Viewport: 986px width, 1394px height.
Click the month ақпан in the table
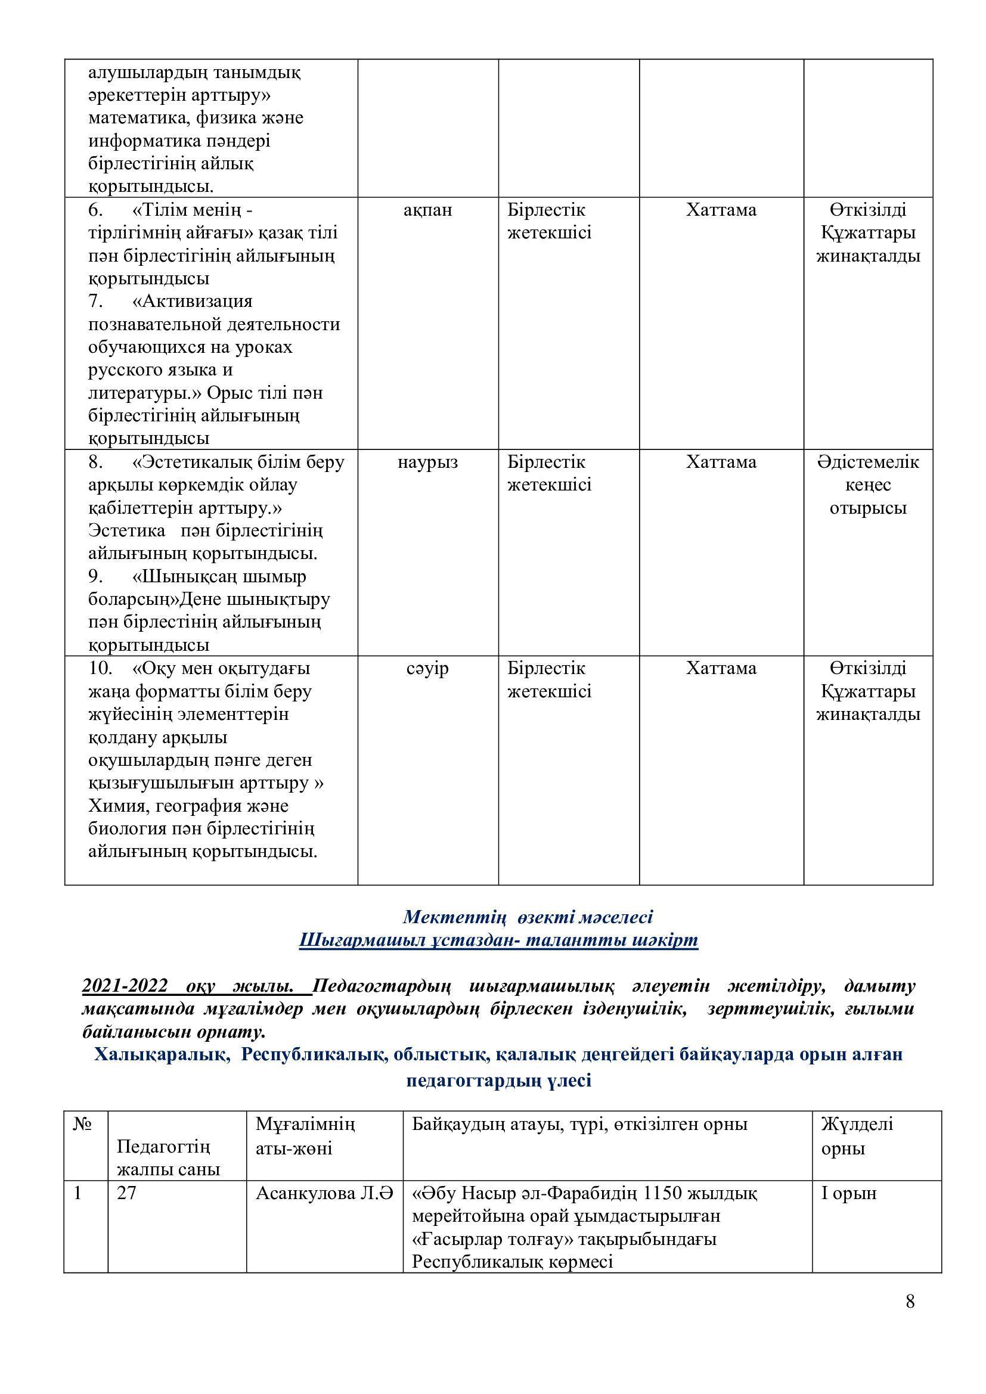427,210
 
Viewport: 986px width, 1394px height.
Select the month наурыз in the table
427,462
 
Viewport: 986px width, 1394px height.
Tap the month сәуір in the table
427,669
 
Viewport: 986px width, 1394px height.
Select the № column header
82,1124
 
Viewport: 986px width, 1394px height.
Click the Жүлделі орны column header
857,1136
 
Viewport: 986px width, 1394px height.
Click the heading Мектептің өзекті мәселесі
528,916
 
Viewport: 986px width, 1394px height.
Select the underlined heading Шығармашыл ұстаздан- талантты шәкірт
498,940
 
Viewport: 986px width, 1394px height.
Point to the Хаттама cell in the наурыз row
721,462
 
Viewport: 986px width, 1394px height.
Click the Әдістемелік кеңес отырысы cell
867,485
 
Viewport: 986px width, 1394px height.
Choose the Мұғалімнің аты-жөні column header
305,1136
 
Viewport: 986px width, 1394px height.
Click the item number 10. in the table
100,669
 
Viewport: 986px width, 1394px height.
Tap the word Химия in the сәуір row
114,806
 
